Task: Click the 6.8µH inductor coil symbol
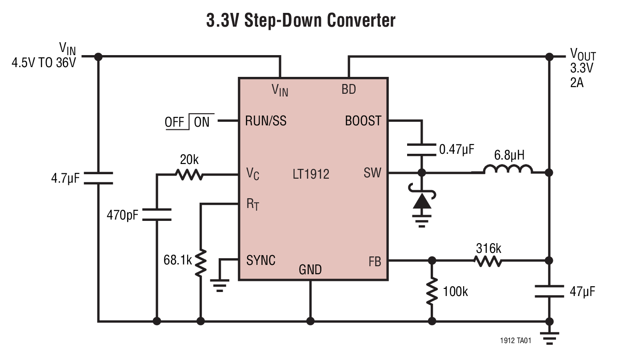click(507, 170)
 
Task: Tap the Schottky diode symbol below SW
click(422, 201)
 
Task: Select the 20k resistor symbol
click(190, 174)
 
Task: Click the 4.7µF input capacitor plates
click(99, 178)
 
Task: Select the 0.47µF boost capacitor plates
click(422, 150)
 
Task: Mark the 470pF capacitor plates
click(157, 214)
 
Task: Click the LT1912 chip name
click(311, 174)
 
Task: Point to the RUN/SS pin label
click(266, 121)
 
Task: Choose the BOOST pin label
click(363, 121)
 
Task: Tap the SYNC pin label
click(261, 260)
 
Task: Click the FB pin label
click(375, 262)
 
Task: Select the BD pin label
click(349, 89)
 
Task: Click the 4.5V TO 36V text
click(44, 62)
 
